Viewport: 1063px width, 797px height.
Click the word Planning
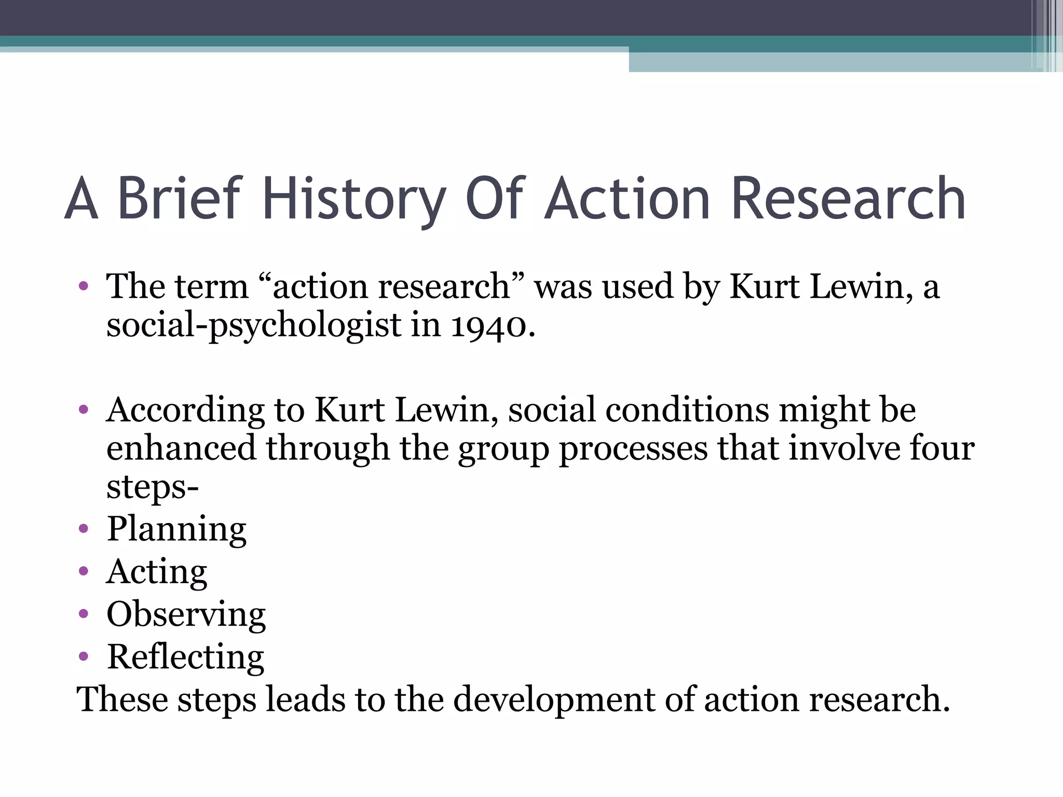point(176,529)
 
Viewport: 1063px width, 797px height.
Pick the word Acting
point(157,572)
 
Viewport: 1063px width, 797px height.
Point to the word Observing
point(186,614)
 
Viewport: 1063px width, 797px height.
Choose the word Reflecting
point(185,657)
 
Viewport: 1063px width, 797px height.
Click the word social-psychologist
point(253,326)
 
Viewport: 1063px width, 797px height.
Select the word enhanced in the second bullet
point(181,448)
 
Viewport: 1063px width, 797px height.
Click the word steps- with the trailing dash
point(153,488)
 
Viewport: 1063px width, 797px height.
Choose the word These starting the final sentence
point(122,699)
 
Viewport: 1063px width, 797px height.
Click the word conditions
point(687,410)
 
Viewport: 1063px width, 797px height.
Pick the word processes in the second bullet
point(633,448)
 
